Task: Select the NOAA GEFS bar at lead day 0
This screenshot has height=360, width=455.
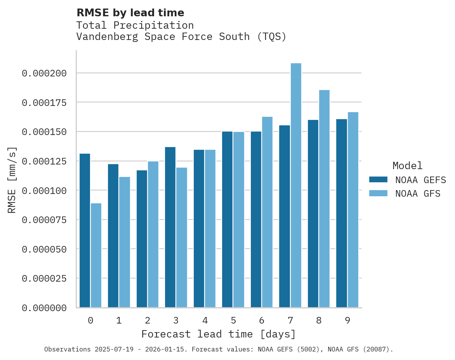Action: click(85, 230)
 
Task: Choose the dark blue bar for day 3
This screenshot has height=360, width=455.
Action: click(170, 227)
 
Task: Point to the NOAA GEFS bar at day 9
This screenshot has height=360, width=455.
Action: click(342, 213)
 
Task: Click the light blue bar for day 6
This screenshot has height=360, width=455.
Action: click(267, 212)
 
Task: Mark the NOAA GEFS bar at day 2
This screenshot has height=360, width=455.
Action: click(142, 239)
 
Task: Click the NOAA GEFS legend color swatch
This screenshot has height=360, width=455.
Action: click(378, 180)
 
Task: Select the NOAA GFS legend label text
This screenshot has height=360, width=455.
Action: click(418, 193)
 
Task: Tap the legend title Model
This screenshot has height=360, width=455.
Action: click(407, 166)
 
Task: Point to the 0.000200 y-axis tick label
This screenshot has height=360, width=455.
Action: click(44, 73)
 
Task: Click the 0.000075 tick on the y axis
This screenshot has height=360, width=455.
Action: click(44, 220)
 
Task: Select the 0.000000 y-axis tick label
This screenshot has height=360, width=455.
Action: click(44, 308)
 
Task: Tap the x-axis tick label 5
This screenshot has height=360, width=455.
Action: click(233, 320)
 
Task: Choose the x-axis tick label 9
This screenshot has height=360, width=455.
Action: click(347, 320)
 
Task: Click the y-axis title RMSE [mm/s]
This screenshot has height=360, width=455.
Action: click(12, 180)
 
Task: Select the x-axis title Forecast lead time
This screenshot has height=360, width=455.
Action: click(218, 334)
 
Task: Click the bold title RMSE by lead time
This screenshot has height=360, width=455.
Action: click(130, 13)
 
